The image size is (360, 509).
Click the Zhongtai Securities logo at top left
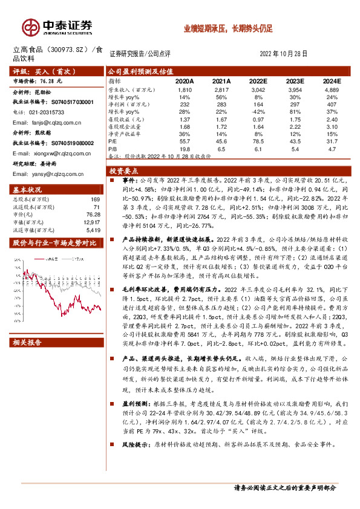(x=58, y=27)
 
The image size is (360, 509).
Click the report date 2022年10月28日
(x=287, y=53)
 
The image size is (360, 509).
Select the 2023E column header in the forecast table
(x=295, y=80)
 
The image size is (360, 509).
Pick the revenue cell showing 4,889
(x=330, y=89)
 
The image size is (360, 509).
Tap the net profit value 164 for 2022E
(x=258, y=103)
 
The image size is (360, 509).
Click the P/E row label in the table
(x=113, y=140)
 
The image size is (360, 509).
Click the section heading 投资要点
(x=125, y=171)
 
